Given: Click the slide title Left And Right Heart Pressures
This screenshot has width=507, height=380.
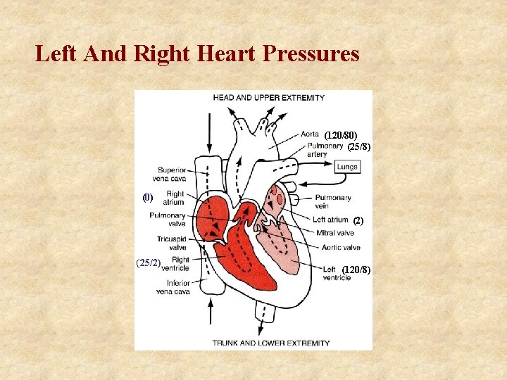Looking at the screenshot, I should coord(197,53).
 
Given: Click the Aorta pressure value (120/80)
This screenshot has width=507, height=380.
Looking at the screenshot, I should coord(341,134).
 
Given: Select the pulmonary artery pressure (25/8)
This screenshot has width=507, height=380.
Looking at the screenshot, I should coord(359,147).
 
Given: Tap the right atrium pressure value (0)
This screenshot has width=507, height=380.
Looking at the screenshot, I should coord(147,198).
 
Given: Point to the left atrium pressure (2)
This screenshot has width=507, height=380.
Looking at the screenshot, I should coord(358,220).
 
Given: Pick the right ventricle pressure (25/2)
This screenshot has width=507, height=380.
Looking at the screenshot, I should coord(149,263).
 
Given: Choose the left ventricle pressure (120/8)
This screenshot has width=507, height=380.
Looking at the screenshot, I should coord(356,270).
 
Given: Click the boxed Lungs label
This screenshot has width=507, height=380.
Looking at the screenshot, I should coord(346,167).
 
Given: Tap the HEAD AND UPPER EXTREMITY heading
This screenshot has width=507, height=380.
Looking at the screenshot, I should coord(269,97).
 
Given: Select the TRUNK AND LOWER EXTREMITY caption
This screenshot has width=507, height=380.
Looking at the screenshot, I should coord(271,343).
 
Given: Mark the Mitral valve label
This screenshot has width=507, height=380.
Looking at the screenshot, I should coord(335,233).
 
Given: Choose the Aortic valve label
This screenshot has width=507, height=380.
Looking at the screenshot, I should coord(341,247).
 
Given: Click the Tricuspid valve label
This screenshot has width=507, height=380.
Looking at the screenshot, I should coord(172,243).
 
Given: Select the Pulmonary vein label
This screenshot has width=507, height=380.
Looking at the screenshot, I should coord(332,202).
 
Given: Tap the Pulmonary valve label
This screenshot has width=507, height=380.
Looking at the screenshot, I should coord(168,220).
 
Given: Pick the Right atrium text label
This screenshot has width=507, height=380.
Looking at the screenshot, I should coord(174,198).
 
